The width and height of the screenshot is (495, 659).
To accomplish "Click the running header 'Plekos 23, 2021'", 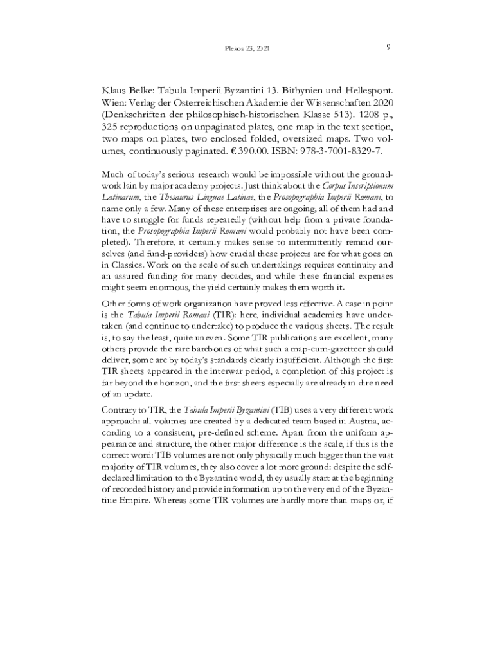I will click(248, 48).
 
